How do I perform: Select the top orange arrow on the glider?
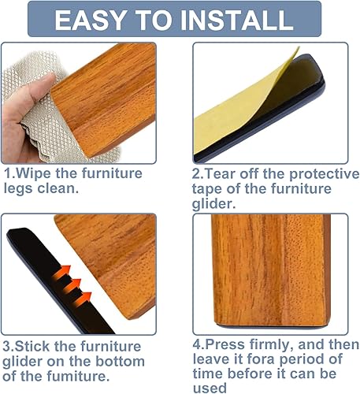pos(61,273)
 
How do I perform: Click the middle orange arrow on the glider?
pos(72,286)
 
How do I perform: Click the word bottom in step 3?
pos(120,362)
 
